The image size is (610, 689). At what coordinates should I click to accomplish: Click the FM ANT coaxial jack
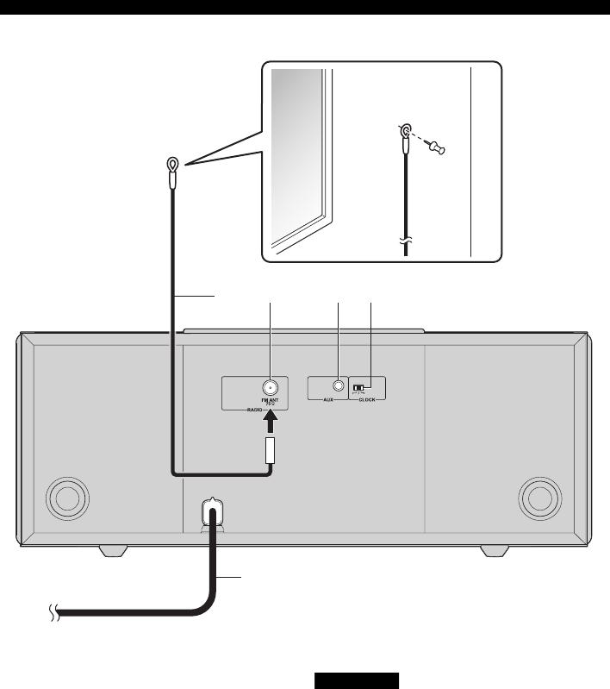(270, 387)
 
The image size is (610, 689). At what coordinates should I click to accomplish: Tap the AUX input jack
(339, 387)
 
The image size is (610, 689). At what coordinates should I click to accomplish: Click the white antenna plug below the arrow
(270, 450)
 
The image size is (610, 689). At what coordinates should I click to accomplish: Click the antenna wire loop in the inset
(404, 131)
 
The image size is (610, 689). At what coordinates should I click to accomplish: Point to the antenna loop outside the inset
(173, 164)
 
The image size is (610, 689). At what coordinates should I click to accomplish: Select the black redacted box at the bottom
(356, 681)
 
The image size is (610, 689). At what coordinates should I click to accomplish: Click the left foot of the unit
(115, 550)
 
